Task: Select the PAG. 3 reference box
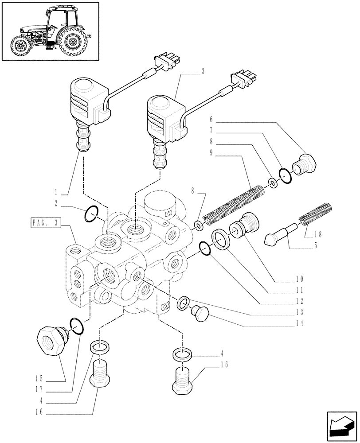point(44,223)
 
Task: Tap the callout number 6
point(211,120)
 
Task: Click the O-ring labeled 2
point(91,215)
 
